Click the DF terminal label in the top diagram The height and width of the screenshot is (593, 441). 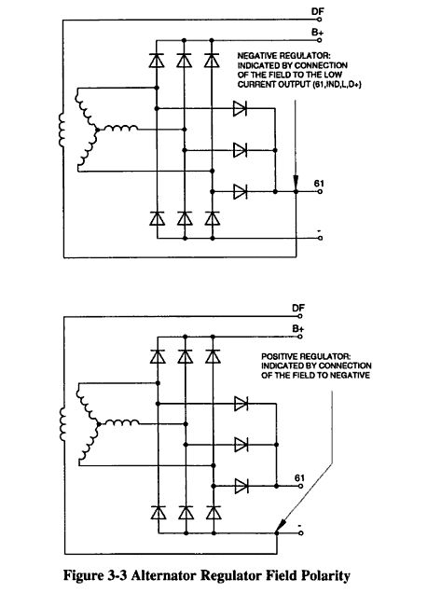point(318,11)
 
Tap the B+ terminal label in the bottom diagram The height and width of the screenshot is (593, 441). point(298,328)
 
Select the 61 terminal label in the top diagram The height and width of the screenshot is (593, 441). point(319,184)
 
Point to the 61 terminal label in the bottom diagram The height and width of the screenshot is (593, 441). point(299,478)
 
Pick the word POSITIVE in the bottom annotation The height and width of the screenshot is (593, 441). point(279,356)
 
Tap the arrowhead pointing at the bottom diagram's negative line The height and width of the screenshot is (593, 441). point(281,526)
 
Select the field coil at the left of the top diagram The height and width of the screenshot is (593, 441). point(62,130)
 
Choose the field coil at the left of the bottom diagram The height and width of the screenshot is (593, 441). point(62,424)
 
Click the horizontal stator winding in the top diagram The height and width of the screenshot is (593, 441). point(120,129)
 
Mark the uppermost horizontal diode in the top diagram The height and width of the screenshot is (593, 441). point(241,108)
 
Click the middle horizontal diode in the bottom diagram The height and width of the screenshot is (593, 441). point(241,445)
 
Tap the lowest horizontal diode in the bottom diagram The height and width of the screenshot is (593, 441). point(241,486)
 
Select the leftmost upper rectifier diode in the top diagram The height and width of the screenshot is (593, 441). point(157,61)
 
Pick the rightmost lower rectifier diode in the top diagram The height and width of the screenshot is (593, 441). point(213,218)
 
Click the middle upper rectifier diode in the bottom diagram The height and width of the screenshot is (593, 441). point(185,356)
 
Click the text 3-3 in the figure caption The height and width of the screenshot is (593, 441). point(118,575)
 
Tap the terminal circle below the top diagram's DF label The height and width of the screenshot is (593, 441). point(320,19)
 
